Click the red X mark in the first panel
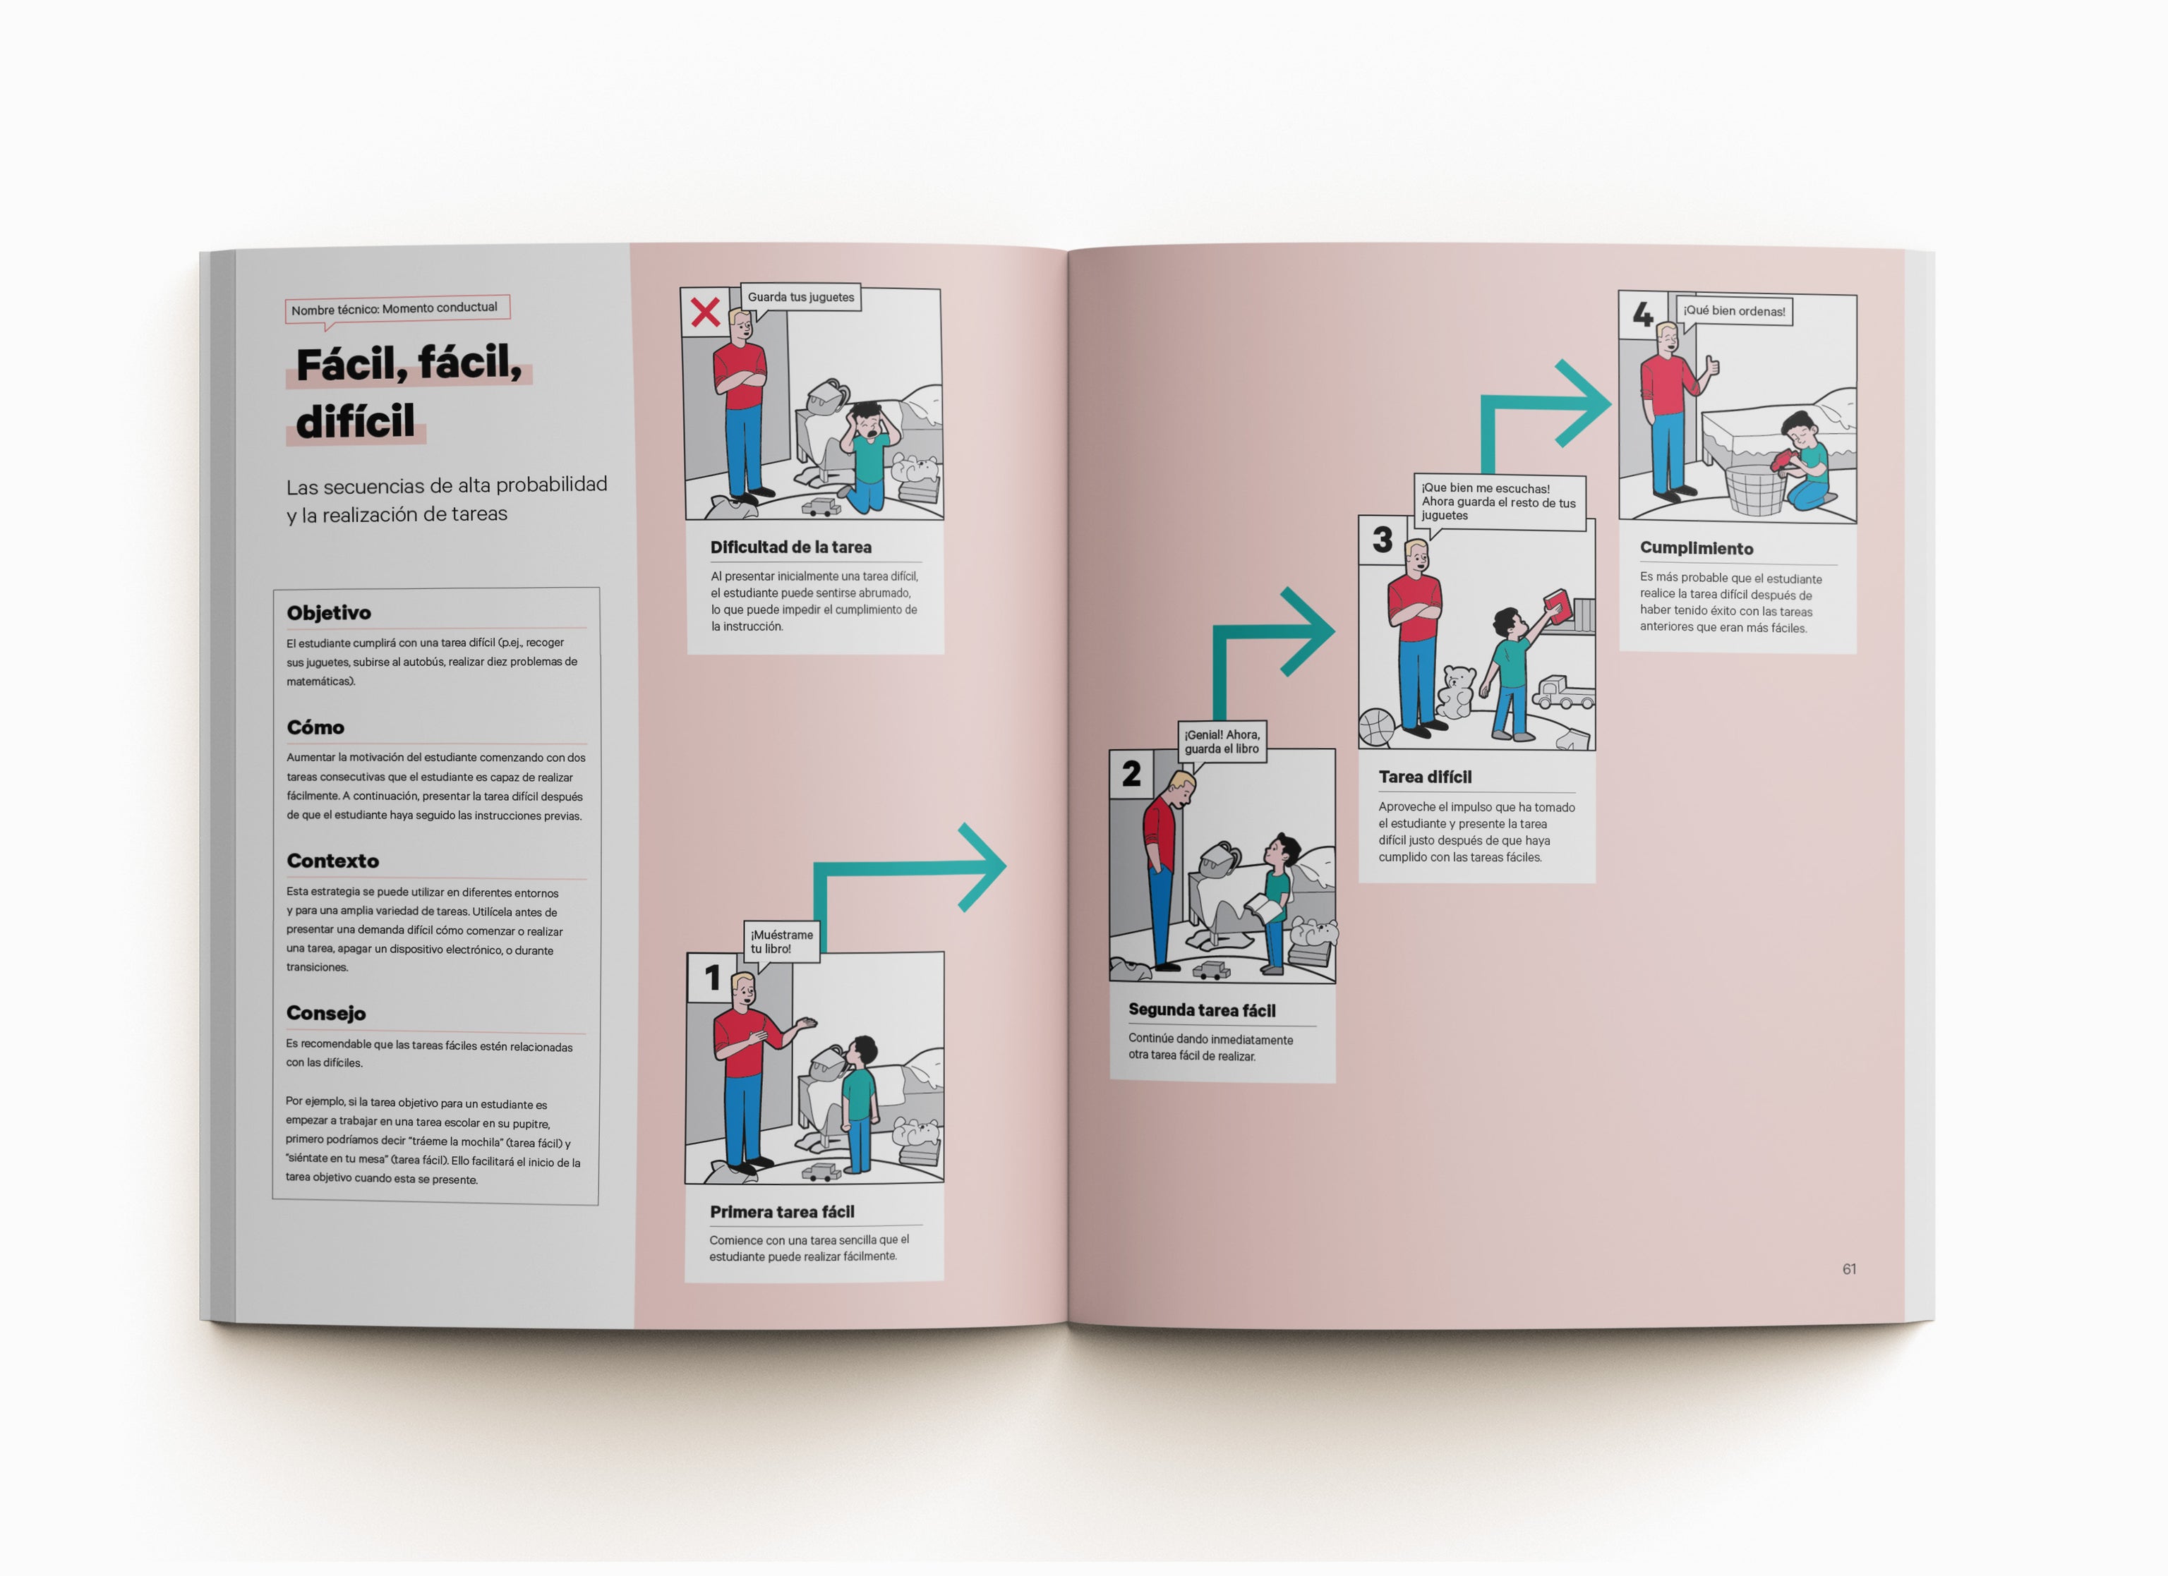(x=706, y=313)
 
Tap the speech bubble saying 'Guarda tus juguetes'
(x=801, y=297)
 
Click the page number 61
(x=1849, y=1268)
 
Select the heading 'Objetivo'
(x=329, y=612)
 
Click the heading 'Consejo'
(x=326, y=1013)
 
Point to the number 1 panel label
(x=712, y=978)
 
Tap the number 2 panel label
(x=1131, y=773)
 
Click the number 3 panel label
(x=1383, y=540)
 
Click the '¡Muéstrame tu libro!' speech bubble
(x=782, y=942)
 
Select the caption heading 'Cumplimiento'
(x=1697, y=549)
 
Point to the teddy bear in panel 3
(x=1456, y=692)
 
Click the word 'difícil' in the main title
(x=356, y=421)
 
